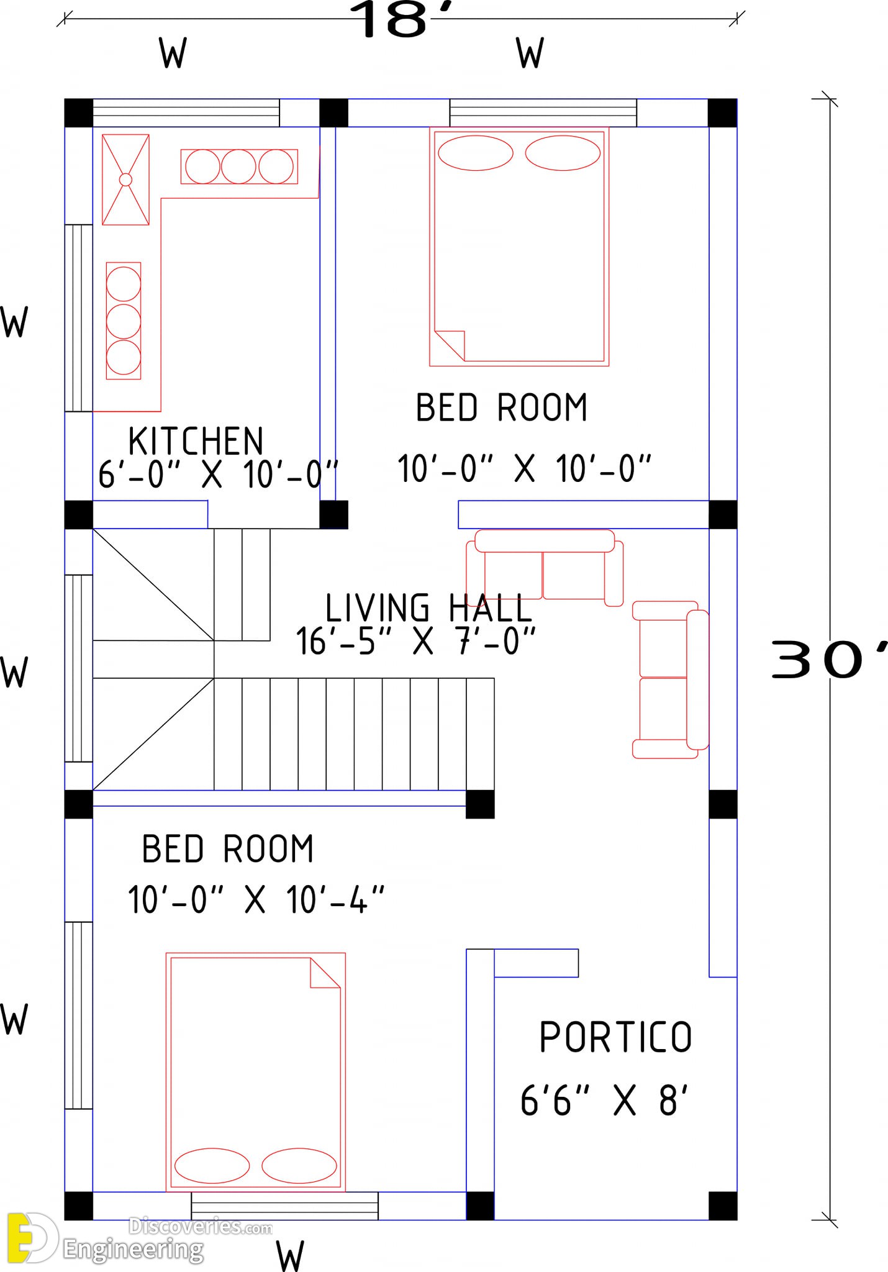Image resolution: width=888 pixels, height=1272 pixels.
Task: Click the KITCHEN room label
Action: (196, 441)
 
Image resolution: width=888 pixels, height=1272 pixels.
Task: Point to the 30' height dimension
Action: (830, 660)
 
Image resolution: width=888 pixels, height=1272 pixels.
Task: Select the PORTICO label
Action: (615, 1037)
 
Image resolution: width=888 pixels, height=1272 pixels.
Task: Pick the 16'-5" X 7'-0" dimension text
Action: (415, 641)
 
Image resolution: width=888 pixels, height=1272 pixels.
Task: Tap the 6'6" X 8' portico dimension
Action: (604, 1100)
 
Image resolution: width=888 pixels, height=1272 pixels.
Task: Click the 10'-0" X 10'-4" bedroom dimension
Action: (256, 899)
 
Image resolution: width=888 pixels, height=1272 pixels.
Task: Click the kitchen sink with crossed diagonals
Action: (125, 179)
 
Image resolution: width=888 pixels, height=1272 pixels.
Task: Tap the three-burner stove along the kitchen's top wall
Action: (239, 166)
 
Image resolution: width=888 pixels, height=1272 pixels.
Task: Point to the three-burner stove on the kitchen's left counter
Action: (124, 320)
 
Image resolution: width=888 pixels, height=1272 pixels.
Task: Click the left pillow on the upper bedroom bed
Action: (476, 153)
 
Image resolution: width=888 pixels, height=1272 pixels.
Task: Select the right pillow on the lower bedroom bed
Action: (299, 1166)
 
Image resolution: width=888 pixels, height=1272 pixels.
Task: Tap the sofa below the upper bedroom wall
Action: (545, 566)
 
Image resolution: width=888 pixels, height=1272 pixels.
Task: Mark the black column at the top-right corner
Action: (723, 112)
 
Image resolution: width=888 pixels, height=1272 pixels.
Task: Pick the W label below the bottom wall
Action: (290, 1255)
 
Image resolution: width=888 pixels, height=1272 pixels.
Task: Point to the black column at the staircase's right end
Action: (480, 804)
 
